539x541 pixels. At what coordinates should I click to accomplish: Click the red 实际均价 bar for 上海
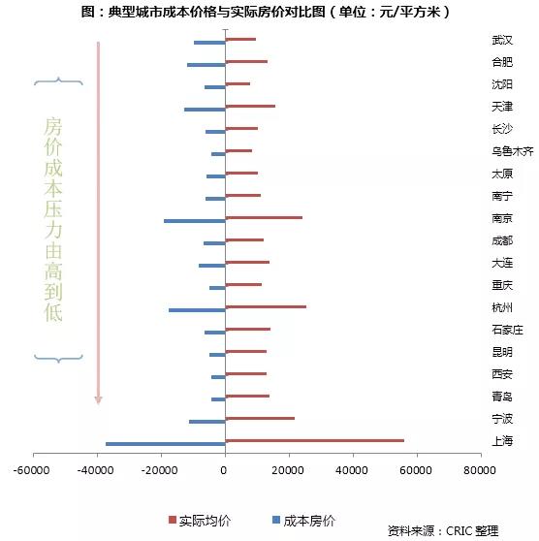(315, 440)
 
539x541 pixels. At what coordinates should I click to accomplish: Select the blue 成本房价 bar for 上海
(166, 444)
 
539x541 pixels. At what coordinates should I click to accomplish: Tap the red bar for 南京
(264, 218)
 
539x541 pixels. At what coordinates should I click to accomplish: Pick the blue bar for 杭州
(197, 310)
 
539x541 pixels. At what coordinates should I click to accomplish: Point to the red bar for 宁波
(260, 418)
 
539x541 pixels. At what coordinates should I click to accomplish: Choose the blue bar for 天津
(205, 110)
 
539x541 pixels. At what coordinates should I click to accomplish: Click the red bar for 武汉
(240, 39)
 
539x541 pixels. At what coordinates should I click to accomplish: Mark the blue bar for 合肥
(206, 65)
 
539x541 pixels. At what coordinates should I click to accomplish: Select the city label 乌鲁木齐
(513, 151)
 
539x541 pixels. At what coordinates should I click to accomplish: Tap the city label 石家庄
(507, 330)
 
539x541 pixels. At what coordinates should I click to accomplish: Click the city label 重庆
(502, 285)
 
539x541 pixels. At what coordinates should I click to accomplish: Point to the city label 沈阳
(502, 84)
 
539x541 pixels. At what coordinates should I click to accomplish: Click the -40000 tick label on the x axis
(96, 470)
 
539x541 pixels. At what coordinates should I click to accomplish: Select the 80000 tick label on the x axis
(480, 470)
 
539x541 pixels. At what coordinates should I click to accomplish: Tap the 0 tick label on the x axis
(224, 470)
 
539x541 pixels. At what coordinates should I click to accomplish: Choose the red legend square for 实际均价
(173, 520)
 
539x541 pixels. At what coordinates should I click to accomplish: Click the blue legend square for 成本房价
(276, 520)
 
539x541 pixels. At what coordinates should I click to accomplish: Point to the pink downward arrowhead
(98, 399)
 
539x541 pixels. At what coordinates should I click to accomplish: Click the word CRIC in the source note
(458, 530)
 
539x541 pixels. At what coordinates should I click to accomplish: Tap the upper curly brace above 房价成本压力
(58, 81)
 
